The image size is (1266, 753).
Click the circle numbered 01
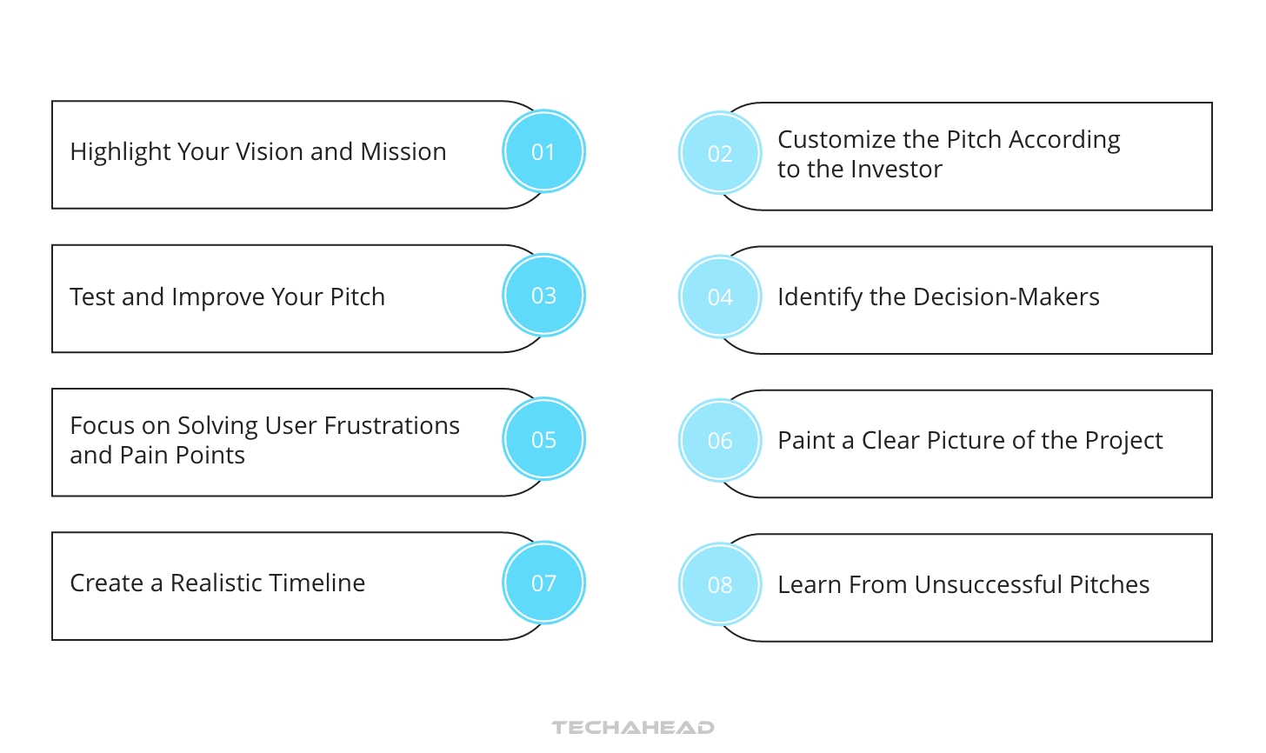pos(543,151)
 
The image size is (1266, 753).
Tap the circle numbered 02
pos(720,153)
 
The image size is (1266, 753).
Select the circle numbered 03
pos(543,296)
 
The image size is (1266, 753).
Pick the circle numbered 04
pos(720,297)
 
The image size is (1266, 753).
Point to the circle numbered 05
pos(543,439)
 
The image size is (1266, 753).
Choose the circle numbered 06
pos(720,441)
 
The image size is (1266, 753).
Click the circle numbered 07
pos(543,583)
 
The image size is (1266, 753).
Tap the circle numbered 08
pos(720,584)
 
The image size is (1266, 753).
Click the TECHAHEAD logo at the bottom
pos(633,727)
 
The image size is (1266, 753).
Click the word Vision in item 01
pos(270,151)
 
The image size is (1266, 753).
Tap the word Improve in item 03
pos(218,297)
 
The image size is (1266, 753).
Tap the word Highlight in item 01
pos(121,151)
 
